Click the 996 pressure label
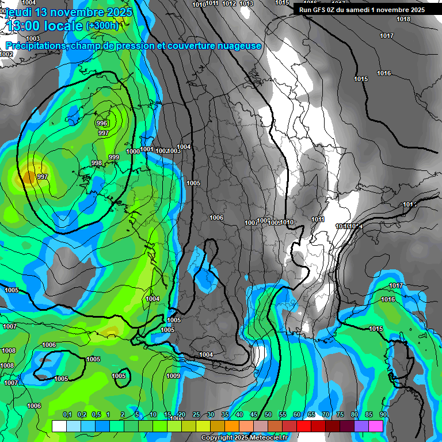tap(102, 124)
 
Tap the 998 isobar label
tap(97, 163)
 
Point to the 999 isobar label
tap(114, 157)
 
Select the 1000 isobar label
tap(133, 151)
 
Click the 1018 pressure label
tap(403, 20)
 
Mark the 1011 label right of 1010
tap(318, 219)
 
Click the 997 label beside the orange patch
tap(42, 177)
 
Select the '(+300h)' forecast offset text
tap(102, 26)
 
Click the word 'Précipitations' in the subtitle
tap(36, 46)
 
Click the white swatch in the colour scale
tap(59, 426)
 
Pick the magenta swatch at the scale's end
tap(376, 426)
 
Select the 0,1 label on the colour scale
tap(67, 414)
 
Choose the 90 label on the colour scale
tap(383, 414)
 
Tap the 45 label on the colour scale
tap(254, 414)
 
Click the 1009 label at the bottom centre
tap(173, 376)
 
